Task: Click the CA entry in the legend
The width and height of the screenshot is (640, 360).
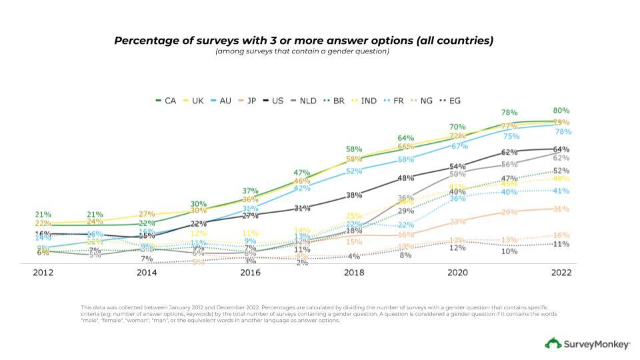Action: [x=167, y=101]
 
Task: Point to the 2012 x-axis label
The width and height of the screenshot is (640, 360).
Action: [x=43, y=273]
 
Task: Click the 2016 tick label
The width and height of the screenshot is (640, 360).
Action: [x=250, y=273]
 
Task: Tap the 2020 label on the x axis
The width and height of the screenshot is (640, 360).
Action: [x=457, y=273]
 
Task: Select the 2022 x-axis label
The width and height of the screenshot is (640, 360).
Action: [x=561, y=273]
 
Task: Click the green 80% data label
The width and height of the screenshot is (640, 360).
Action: [x=561, y=111]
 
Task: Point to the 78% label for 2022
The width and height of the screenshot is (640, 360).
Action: [x=563, y=132]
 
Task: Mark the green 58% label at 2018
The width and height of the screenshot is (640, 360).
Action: [x=354, y=149]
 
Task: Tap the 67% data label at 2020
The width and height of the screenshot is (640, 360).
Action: [x=459, y=146]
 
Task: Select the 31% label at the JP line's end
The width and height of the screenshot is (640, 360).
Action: [x=561, y=209]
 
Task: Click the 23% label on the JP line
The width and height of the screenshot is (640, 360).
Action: [x=457, y=222]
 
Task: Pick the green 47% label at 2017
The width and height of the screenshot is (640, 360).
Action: [x=302, y=173]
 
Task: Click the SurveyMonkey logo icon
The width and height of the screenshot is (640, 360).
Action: [x=553, y=343]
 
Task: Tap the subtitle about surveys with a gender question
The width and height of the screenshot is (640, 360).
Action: [x=302, y=51]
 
